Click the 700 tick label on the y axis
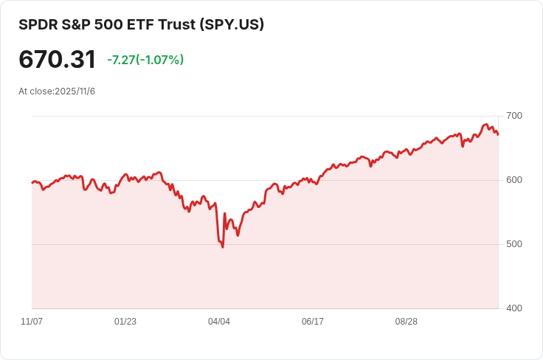click(x=514, y=116)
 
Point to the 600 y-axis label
click(x=514, y=180)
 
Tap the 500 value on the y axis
click(x=514, y=244)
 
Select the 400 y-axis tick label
click(x=514, y=308)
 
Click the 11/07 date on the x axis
click(x=32, y=322)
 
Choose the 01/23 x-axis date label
click(x=125, y=322)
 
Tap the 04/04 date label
click(x=219, y=322)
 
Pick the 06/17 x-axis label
click(x=313, y=322)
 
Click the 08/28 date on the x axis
click(x=407, y=322)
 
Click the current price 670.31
click(x=57, y=60)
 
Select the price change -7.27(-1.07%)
click(x=145, y=60)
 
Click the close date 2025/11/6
click(x=75, y=91)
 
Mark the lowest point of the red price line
click(x=223, y=246)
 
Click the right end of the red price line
click(x=498, y=134)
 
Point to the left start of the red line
click(x=32, y=182)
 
